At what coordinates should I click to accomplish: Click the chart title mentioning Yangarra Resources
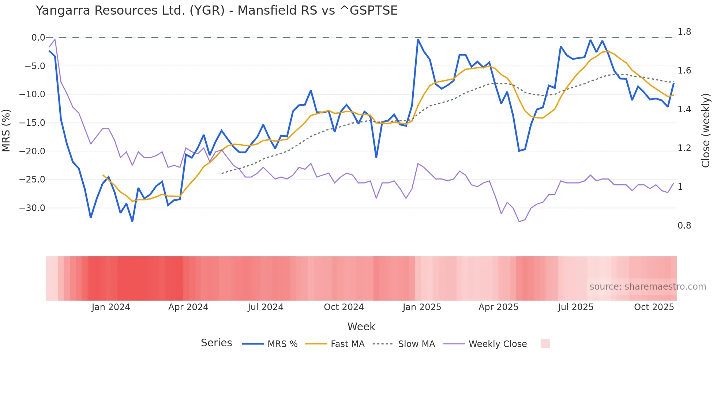[217, 10]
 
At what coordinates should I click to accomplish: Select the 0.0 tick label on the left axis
[38, 37]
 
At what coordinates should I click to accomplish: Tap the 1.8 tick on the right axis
[684, 32]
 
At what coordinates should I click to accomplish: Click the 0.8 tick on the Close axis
[684, 226]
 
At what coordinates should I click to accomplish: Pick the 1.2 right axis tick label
[684, 148]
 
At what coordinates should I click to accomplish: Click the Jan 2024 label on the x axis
[110, 307]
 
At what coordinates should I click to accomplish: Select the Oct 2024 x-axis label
[344, 307]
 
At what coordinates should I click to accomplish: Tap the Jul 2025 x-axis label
[575, 307]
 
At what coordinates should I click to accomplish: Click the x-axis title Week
[361, 327]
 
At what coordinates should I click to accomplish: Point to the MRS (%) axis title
[6, 130]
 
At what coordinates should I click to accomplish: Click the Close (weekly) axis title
[705, 130]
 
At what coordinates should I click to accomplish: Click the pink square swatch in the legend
[545, 344]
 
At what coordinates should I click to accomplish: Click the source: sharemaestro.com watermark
[647, 287]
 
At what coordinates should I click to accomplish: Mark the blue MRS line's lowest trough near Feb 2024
[132, 221]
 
